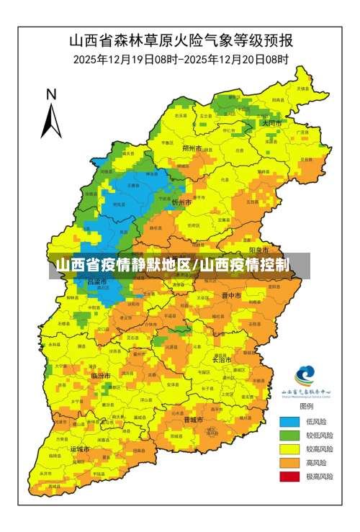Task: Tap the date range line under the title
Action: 180,59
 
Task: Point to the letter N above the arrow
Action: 51,94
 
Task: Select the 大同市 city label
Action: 271,123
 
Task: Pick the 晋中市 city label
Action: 230,295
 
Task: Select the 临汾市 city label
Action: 101,376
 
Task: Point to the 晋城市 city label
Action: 194,419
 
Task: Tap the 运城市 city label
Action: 80,449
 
